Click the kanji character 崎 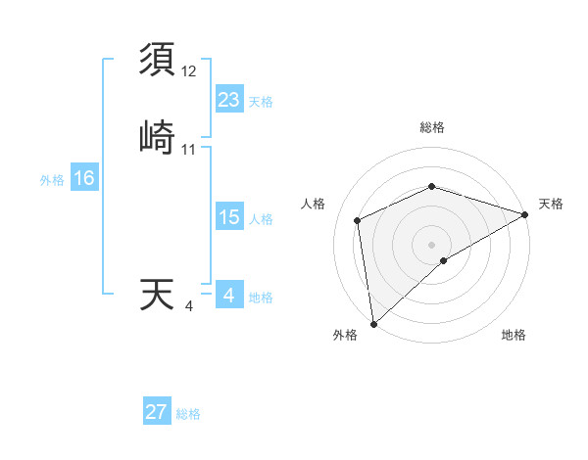coord(159,138)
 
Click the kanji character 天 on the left coord(158,296)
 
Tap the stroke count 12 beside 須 coord(189,72)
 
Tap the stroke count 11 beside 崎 coord(189,150)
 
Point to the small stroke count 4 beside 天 coord(189,307)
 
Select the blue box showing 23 coord(228,100)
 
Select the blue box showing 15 coord(228,217)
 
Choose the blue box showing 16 coord(84,178)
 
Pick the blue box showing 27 coord(157,412)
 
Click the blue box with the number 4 coord(228,296)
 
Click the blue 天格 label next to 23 coord(261,102)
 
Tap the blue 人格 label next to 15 coord(261,219)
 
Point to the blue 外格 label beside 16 coord(52,180)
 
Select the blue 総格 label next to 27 coord(189,414)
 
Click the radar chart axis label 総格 coord(432,127)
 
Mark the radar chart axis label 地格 coord(514,336)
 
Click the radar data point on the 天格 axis coord(525,214)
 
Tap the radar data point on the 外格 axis coord(372,324)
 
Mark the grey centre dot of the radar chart coord(432,244)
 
